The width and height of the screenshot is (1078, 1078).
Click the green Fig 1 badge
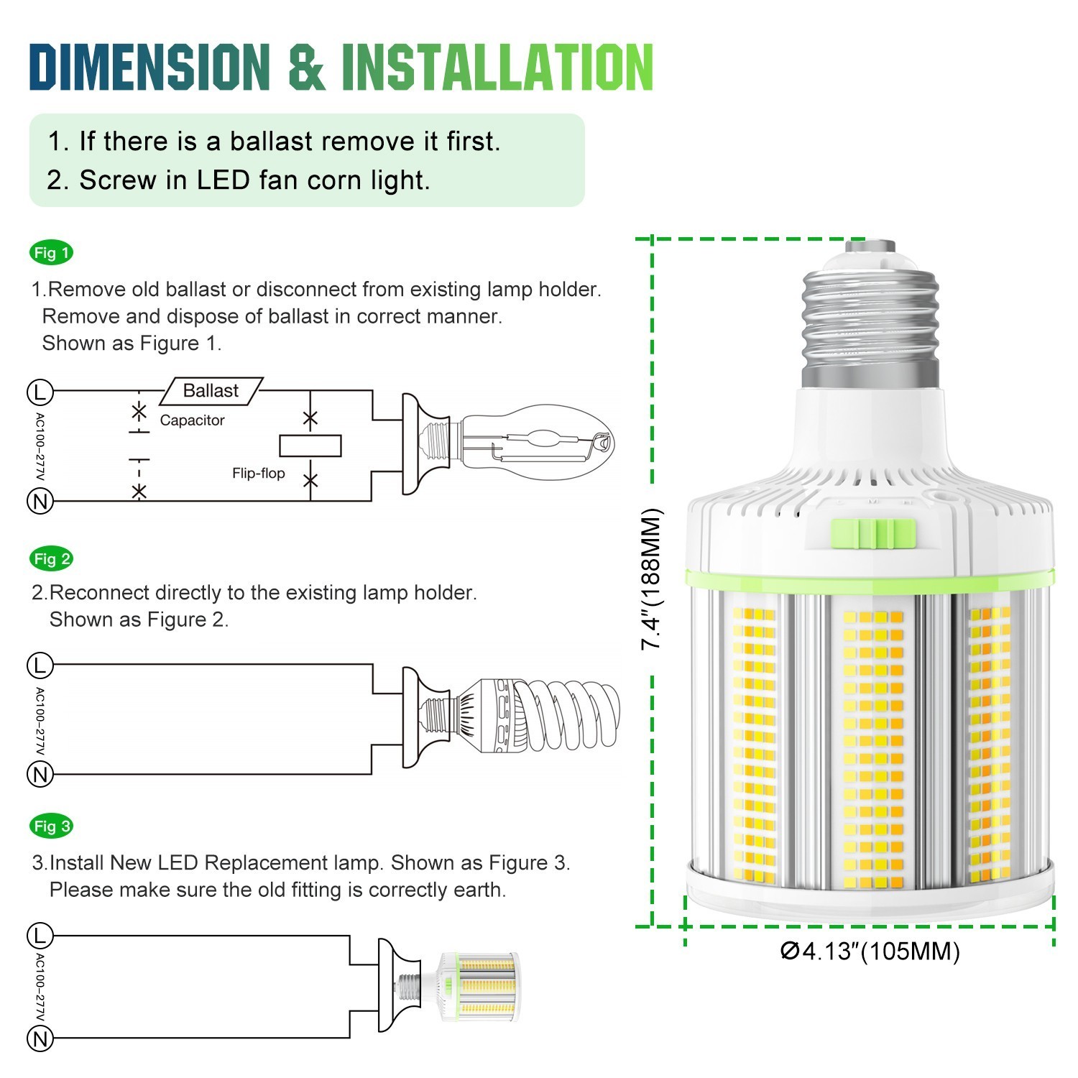click(51, 253)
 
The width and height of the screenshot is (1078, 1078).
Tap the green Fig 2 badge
click(52, 559)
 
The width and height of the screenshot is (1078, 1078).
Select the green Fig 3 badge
click(52, 826)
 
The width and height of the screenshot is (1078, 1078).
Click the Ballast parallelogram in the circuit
click(211, 391)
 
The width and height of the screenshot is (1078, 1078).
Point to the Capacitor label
click(192, 420)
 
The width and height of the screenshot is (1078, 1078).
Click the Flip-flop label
click(258, 473)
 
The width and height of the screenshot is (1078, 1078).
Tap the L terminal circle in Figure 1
click(40, 392)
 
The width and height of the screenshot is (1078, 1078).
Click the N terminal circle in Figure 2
click(40, 775)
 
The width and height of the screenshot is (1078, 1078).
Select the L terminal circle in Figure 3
click(40, 936)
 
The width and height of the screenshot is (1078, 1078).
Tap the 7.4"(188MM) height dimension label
click(652, 579)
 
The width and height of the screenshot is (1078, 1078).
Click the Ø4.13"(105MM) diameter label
click(870, 952)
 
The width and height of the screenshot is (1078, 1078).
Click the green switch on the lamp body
click(874, 534)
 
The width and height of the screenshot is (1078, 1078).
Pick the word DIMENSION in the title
click(149, 67)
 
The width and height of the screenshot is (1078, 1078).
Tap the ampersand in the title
click(305, 67)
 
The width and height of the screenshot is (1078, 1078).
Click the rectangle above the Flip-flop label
click(310, 446)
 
